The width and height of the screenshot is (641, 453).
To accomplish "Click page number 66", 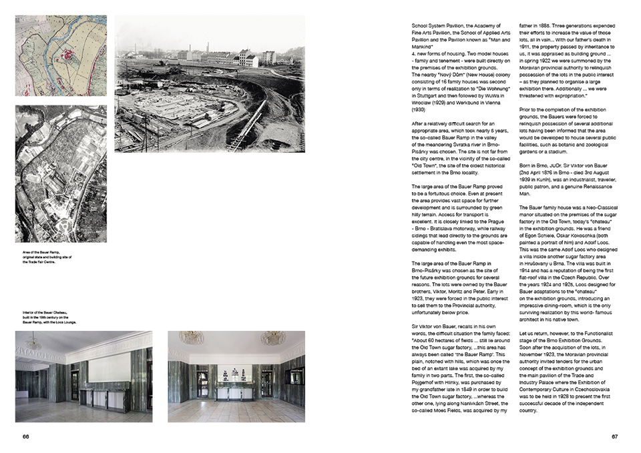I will (x=25, y=437).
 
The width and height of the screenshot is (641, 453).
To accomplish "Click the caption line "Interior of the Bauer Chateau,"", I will (x=42, y=310).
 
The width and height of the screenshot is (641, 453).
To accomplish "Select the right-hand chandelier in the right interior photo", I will (x=272, y=338).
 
